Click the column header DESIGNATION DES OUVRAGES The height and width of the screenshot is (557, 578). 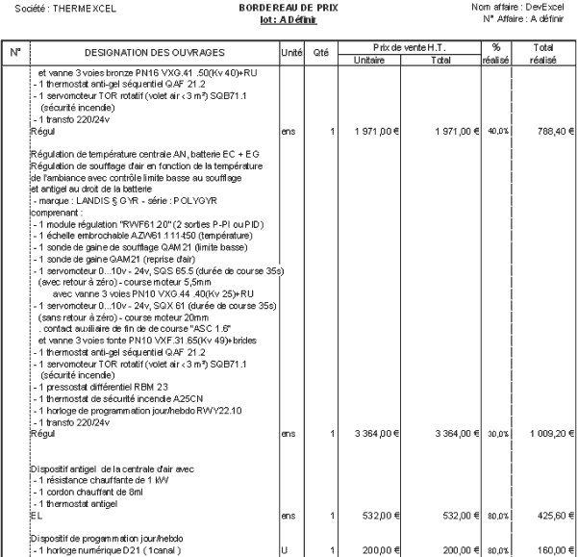click(154, 50)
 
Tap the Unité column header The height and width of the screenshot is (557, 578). click(291, 50)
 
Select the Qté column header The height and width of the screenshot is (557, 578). click(322, 50)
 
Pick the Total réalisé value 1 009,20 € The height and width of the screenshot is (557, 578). click(546, 434)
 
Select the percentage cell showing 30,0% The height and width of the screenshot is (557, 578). click(497, 434)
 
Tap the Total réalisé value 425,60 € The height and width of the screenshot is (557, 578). click(549, 515)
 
